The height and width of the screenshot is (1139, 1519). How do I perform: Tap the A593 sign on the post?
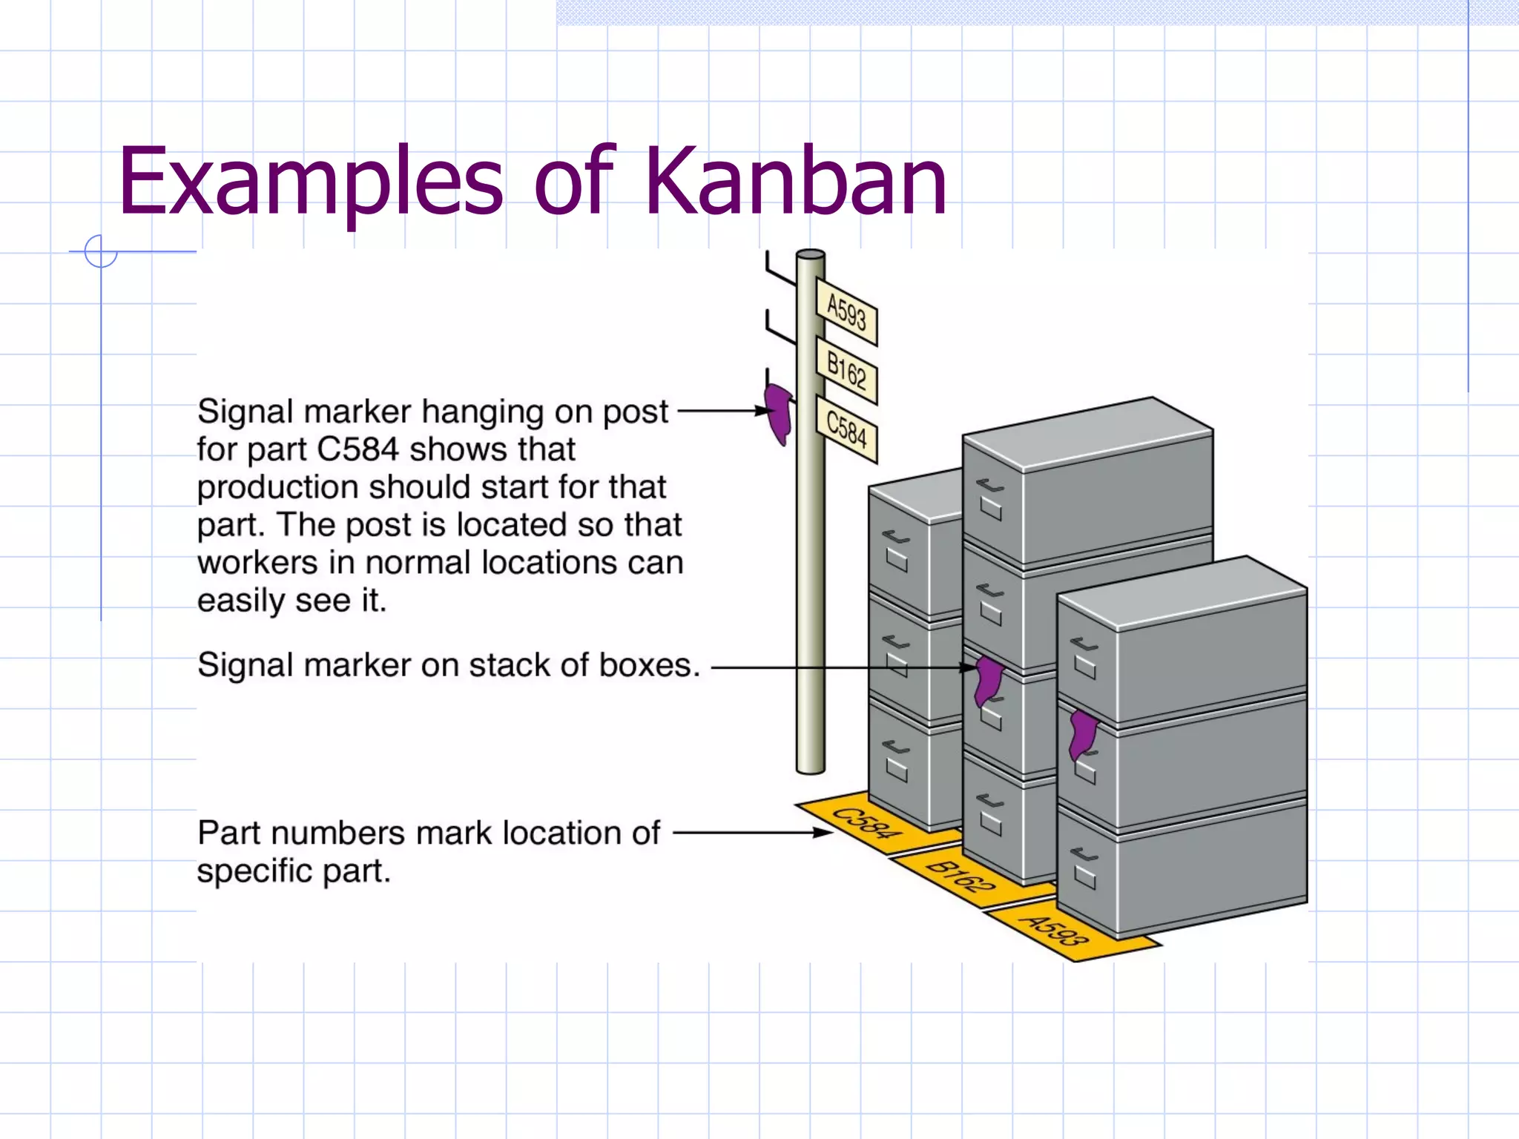point(846,312)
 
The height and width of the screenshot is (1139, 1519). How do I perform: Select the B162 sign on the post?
point(846,371)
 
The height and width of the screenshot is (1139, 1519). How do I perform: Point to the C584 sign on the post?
point(846,429)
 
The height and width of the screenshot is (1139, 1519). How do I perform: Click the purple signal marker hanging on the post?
point(779,413)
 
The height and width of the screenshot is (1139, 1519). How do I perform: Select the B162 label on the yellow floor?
point(961,876)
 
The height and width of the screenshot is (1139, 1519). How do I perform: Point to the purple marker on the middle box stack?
point(988,680)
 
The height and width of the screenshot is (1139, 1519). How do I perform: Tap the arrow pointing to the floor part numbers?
point(753,833)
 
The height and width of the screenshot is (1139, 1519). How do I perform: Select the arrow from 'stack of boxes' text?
point(842,667)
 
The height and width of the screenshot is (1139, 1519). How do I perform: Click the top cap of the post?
point(810,255)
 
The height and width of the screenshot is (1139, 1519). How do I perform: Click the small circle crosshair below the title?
point(101,251)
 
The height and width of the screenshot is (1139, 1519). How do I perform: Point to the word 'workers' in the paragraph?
point(257,564)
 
